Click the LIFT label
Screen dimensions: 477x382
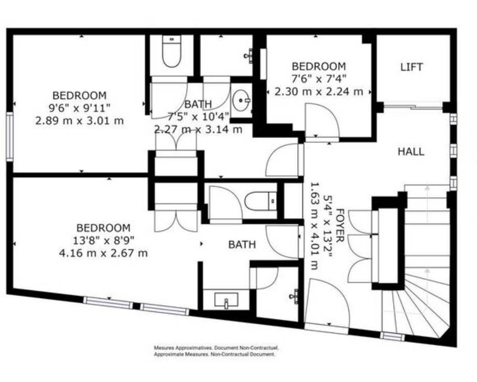click(x=411, y=67)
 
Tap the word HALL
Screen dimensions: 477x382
click(x=411, y=151)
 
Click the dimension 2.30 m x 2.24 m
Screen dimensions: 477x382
click(x=319, y=91)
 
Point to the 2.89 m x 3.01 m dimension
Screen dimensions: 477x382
click(x=79, y=121)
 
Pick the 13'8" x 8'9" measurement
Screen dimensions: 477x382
click(x=104, y=240)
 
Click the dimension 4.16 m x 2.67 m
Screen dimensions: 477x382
click(x=104, y=253)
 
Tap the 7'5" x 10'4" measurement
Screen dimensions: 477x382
click(x=198, y=117)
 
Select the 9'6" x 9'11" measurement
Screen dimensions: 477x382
click(x=79, y=108)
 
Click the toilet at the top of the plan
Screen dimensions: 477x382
click(x=172, y=51)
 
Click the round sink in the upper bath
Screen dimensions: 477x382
click(x=242, y=100)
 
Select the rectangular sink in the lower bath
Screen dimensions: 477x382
click(x=226, y=299)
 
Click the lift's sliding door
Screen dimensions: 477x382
click(x=413, y=107)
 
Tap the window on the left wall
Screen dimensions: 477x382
click(x=10, y=137)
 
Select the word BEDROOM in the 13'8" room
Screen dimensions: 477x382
click(x=104, y=228)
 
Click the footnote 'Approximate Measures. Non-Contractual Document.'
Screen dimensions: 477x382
click(x=215, y=354)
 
